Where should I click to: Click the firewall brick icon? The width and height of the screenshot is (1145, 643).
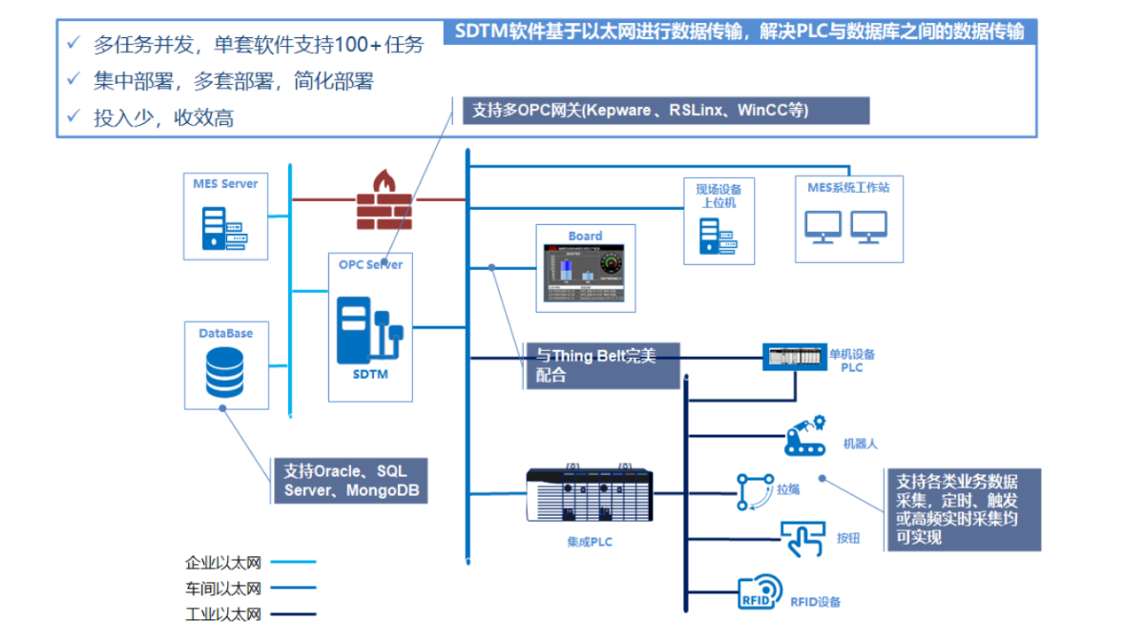click(x=385, y=200)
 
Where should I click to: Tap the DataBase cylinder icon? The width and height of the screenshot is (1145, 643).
click(x=224, y=373)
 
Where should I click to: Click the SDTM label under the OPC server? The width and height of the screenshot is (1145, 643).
click(x=370, y=374)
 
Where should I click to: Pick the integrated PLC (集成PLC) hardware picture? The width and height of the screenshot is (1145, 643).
click(x=588, y=495)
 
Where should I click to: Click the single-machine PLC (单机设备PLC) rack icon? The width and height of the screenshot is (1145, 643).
click(x=794, y=357)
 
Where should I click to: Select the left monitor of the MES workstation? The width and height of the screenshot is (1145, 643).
click(x=822, y=226)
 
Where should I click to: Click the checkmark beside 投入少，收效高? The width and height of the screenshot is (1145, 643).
click(x=73, y=117)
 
